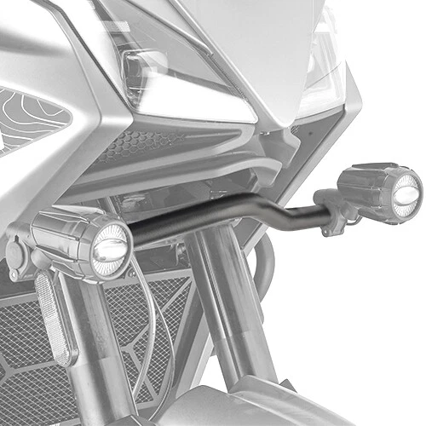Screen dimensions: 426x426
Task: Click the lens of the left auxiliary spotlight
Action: (x=111, y=247)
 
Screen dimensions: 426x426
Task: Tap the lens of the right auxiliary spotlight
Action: (x=406, y=192)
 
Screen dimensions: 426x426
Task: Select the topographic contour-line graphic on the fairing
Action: (x=26, y=119)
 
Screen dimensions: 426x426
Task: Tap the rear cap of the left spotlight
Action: (x=19, y=251)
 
